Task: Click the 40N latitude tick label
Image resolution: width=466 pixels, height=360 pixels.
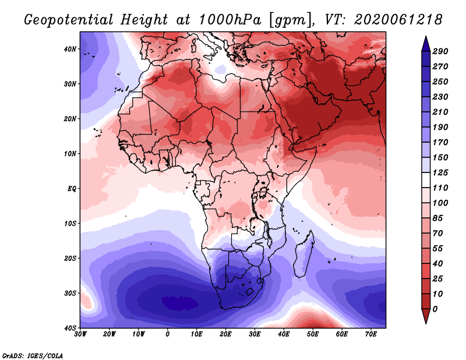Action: click(69, 49)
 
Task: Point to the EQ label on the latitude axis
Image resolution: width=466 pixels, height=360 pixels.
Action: click(71, 189)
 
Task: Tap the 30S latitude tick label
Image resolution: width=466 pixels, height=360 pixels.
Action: click(69, 293)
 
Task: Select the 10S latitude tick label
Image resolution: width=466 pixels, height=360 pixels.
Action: click(69, 223)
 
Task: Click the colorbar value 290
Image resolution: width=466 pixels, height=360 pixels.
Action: click(441, 52)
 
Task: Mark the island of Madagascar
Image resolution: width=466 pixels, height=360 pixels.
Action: click(303, 255)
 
